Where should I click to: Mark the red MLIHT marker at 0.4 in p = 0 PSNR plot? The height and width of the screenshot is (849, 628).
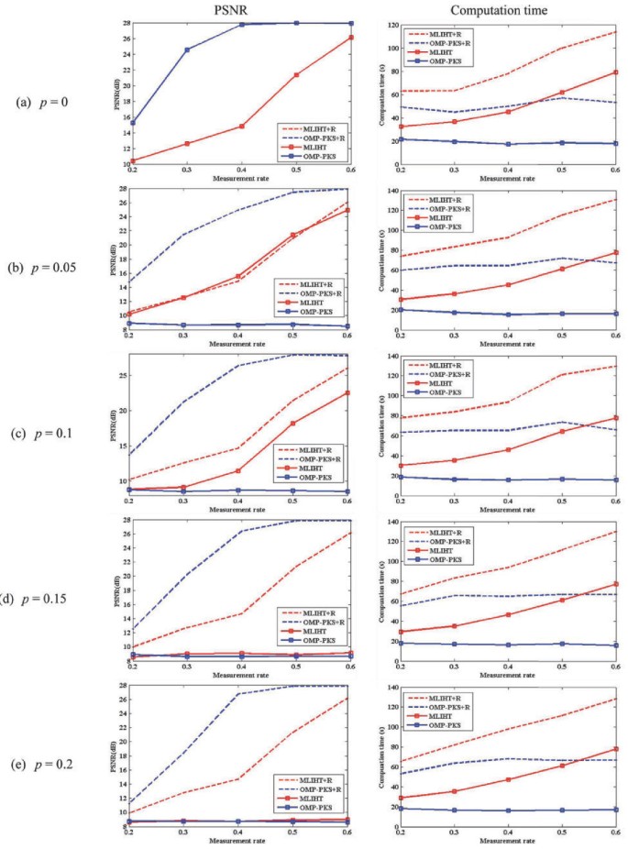(x=242, y=126)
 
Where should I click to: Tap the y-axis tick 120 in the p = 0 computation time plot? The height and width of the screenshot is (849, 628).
(x=391, y=23)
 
